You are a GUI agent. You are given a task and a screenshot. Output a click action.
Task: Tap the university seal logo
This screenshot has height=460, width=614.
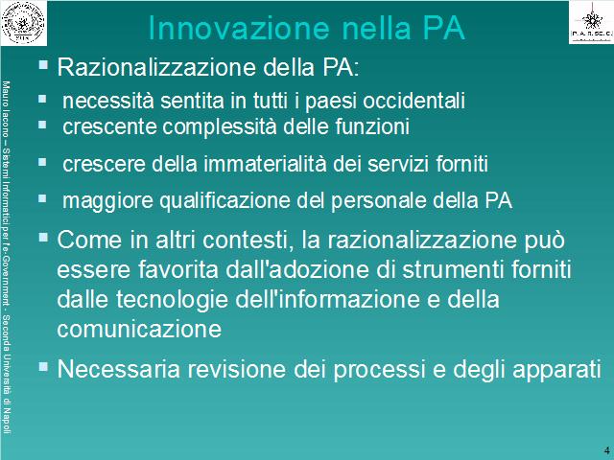click(x=23, y=22)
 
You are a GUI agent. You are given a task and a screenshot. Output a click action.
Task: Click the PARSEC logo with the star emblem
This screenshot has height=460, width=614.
click(x=591, y=22)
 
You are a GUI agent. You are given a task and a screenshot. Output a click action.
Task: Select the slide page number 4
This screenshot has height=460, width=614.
click(x=607, y=449)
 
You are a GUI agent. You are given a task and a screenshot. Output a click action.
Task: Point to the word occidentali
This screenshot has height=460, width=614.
click(x=413, y=101)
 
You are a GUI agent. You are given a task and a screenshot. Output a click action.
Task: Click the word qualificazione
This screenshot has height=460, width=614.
click(x=226, y=200)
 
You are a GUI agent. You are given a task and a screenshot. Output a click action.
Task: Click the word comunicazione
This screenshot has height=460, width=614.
click(x=139, y=329)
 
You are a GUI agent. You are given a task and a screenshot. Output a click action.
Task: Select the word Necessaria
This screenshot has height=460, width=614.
click(x=119, y=369)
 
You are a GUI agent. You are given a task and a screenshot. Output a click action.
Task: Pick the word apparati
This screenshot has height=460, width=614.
click(x=556, y=370)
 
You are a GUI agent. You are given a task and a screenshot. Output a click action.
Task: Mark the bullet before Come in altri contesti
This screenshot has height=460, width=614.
click(x=43, y=237)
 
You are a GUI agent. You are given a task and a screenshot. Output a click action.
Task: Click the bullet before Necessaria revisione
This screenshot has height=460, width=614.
click(x=43, y=366)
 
